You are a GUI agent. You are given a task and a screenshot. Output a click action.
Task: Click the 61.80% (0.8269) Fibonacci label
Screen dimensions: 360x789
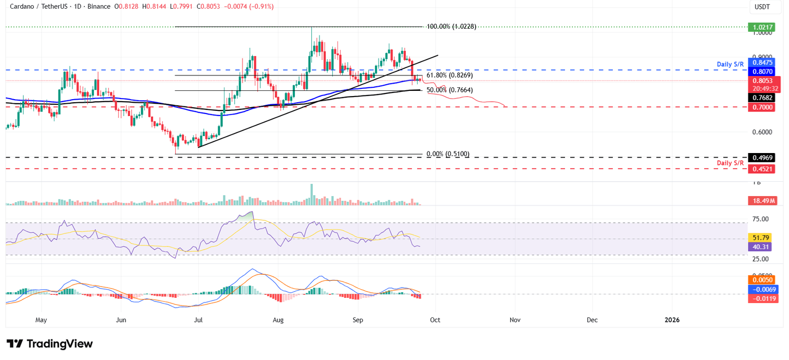tap(449, 75)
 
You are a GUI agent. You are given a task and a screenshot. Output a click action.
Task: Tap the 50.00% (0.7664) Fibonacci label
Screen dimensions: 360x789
tap(449, 90)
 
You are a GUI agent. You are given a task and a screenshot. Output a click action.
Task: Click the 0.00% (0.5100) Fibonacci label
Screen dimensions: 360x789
tap(448, 154)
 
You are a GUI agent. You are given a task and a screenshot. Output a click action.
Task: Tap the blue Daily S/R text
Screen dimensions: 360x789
tap(730, 65)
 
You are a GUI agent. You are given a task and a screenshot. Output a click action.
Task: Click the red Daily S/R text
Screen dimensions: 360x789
tap(730, 163)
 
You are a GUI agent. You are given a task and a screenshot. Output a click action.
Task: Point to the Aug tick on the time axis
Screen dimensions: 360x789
tap(278, 320)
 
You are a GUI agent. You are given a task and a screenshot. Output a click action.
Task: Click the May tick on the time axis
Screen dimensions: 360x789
tap(41, 320)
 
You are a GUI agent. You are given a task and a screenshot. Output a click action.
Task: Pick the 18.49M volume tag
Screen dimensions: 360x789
tap(763, 201)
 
